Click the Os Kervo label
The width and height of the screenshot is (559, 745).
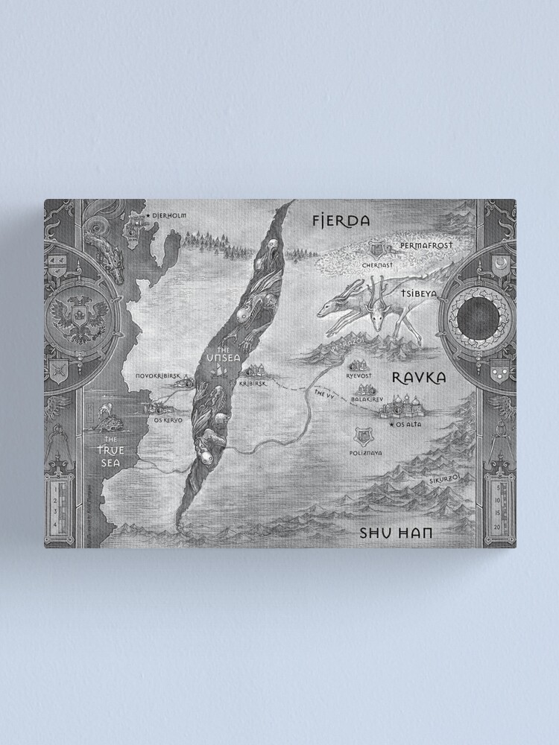168,419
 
